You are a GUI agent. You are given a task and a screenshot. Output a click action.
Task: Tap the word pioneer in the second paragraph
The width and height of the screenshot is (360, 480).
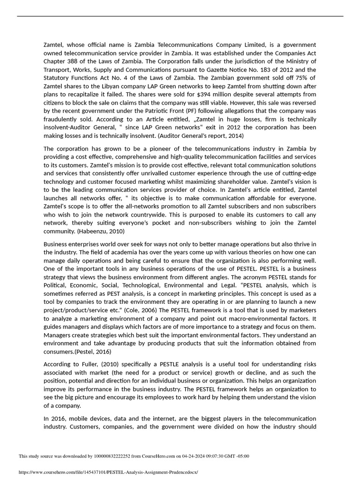[150, 148]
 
